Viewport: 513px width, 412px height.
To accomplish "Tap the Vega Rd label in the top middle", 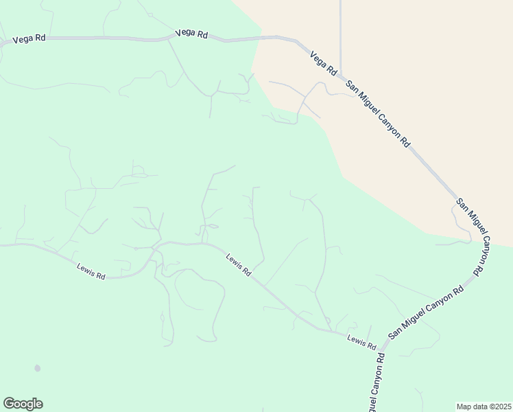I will coord(191,33).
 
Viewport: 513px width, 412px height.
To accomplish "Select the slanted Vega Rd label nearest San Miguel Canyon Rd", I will coord(324,63).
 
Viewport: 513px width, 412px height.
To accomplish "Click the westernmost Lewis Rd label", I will coord(91,271).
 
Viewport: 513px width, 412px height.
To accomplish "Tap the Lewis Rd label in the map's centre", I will coord(239,264).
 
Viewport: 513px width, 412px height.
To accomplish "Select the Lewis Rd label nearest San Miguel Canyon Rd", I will coord(361,340).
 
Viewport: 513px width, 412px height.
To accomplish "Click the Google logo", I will coord(23,404).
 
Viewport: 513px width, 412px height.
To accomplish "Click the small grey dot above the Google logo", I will coord(37,369).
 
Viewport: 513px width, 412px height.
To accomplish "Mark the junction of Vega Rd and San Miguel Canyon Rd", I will coord(340,75).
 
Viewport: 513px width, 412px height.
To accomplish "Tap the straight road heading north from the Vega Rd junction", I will coord(340,34).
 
